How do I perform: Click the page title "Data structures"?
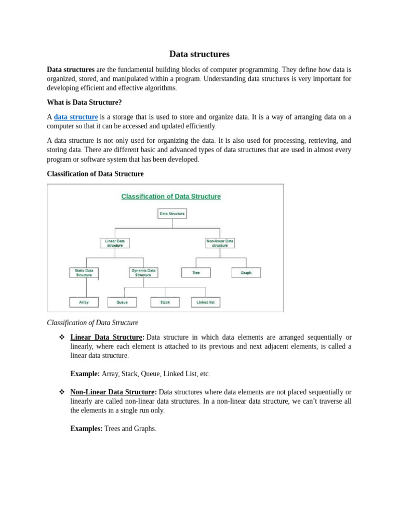click(x=199, y=54)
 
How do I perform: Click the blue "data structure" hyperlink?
click(x=76, y=117)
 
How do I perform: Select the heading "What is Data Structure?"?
click(x=84, y=102)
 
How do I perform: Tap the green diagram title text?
click(x=171, y=196)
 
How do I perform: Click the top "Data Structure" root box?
click(x=172, y=214)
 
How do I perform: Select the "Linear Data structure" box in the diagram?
click(x=115, y=243)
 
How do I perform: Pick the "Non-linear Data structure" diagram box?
click(x=220, y=243)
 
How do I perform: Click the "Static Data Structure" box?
click(x=84, y=273)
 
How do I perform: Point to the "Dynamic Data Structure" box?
click(x=143, y=273)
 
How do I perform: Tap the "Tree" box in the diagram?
click(x=196, y=273)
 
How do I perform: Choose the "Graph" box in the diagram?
click(x=246, y=273)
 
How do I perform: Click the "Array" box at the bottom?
click(x=84, y=302)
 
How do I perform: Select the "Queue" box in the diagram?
click(x=122, y=302)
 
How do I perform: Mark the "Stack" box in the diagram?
click(x=165, y=302)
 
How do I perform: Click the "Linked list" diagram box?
click(x=206, y=302)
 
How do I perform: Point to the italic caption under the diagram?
click(x=92, y=323)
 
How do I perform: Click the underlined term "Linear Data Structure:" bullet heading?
click(x=107, y=337)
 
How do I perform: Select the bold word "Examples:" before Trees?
click(x=86, y=429)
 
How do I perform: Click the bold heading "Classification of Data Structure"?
click(x=95, y=174)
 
